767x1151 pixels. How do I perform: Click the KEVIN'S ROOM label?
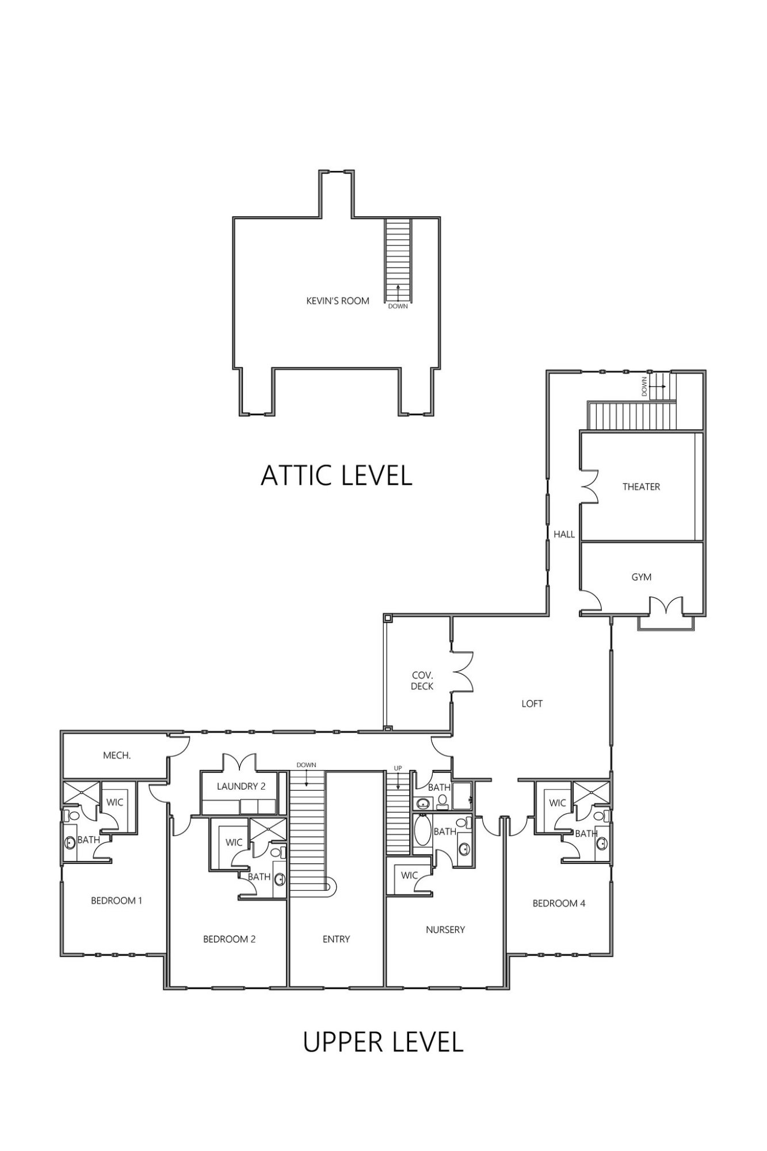tap(337, 300)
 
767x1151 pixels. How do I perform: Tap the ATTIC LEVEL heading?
tap(337, 476)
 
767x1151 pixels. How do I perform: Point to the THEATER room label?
tap(641, 487)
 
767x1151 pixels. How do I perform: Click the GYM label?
tap(641, 577)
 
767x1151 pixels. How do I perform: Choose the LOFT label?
tap(532, 703)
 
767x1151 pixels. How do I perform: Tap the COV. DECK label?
tap(422, 680)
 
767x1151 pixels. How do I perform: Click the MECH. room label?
tap(117, 755)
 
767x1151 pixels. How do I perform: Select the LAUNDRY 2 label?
tap(241, 786)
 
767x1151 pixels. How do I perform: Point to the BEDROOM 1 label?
tap(116, 901)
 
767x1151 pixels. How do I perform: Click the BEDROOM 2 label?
tap(229, 939)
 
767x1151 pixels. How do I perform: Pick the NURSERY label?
tap(445, 929)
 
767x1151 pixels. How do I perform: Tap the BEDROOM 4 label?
tap(559, 904)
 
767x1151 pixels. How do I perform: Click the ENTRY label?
tap(336, 939)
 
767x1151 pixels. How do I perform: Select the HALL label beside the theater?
tap(564, 534)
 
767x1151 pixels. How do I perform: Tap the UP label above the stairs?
tap(398, 768)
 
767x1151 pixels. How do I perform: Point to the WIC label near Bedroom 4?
tap(558, 803)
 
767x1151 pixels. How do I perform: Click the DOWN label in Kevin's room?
tap(398, 306)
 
